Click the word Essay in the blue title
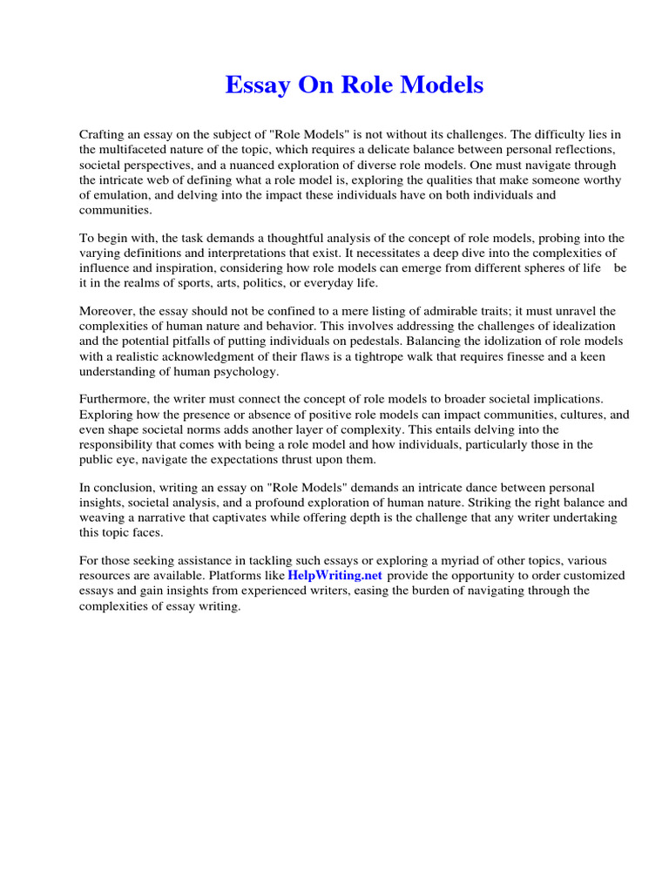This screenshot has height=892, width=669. click(253, 85)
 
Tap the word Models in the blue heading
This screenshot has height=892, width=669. click(442, 85)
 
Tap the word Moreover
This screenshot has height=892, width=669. click(109, 311)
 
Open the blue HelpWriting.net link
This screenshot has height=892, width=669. click(334, 576)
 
